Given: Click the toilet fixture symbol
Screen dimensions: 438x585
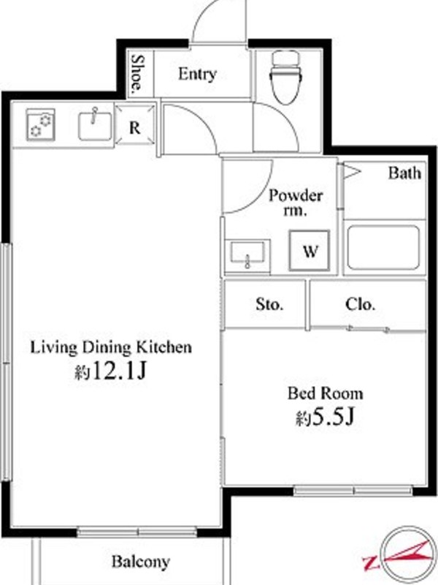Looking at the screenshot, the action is click(285, 77).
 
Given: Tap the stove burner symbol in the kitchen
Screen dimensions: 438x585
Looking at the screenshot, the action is click(41, 125).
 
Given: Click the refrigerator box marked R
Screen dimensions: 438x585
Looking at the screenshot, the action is click(135, 124).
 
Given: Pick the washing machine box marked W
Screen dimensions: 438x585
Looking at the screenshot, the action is click(310, 250).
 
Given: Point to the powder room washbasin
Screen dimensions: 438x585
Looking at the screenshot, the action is click(247, 253).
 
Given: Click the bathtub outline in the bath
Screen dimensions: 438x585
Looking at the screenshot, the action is click(384, 247).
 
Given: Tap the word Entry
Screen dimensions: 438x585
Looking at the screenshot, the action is click(197, 74).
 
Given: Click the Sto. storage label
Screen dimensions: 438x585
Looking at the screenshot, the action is click(269, 304).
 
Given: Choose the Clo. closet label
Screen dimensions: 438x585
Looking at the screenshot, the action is click(360, 304).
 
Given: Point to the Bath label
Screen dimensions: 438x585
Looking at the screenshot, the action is click(404, 173).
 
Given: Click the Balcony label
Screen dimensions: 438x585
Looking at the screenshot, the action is click(141, 562).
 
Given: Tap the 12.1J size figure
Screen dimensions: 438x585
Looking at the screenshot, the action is click(119, 371).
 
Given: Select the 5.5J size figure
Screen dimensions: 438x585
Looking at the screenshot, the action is click(333, 417).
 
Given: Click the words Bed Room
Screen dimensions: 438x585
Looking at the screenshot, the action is click(325, 393).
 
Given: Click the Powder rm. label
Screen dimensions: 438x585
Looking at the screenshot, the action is click(296, 203).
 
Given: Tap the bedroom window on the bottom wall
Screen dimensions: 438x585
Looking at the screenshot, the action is click(353, 490).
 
